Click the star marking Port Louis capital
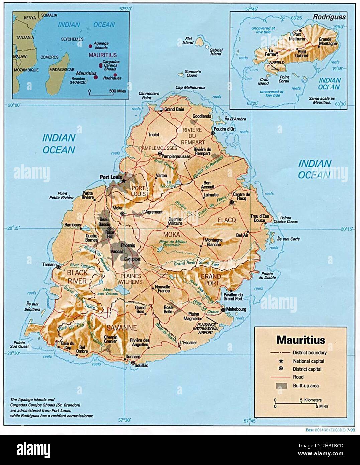124,181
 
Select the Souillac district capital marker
133,362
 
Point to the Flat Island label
189,41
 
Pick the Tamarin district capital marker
58,267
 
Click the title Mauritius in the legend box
301,340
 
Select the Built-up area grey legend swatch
281,385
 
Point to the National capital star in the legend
281,361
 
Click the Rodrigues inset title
329,16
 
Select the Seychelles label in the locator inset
72,39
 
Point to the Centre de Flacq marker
231,202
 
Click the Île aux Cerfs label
288,239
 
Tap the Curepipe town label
132,259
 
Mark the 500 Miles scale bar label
117,91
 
